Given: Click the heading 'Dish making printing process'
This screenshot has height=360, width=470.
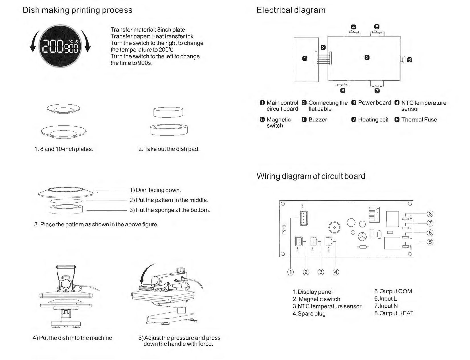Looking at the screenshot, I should pyautogui.click(x=77, y=10).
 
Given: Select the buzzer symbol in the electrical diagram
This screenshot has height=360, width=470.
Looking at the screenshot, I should pyautogui.click(x=403, y=60).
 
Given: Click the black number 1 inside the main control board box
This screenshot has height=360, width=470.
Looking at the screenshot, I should pyautogui.click(x=305, y=59).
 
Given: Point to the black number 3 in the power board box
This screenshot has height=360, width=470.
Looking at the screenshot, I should pyautogui.click(x=367, y=57).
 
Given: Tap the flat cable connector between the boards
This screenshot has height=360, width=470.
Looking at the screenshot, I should pyautogui.click(x=323, y=58).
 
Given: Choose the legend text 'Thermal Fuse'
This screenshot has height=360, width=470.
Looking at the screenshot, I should pyautogui.click(x=419, y=120).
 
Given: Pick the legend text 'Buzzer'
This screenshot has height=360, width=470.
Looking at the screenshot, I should pyautogui.click(x=318, y=120).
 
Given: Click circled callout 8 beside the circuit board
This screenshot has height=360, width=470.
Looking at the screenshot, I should pyautogui.click(x=430, y=214).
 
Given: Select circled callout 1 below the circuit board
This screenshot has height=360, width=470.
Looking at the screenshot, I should pyautogui.click(x=290, y=272).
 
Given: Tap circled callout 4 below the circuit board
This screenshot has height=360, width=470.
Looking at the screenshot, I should pyautogui.click(x=336, y=272).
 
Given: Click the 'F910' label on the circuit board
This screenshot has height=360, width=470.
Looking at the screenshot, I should pyautogui.click(x=284, y=229).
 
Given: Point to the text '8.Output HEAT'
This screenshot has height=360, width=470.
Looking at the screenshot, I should pyautogui.click(x=394, y=313).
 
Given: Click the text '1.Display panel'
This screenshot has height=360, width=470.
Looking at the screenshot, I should pyautogui.click(x=312, y=292).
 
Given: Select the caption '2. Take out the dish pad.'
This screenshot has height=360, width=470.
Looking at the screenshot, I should pyautogui.click(x=169, y=149).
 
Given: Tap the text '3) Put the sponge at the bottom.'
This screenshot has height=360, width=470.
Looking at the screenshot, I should pyautogui.click(x=170, y=210).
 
